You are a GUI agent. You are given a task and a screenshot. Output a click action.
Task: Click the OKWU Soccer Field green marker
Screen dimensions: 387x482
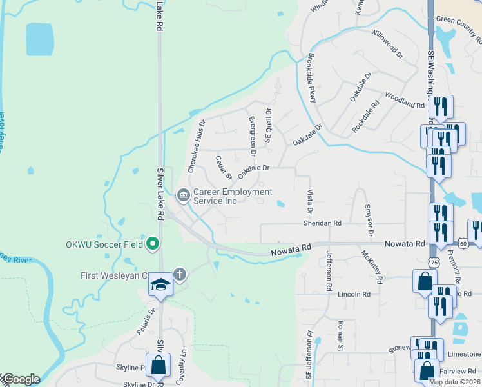pyautogui.click(x=153, y=244)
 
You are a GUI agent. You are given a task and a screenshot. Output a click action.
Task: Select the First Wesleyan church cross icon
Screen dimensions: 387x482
pyautogui.click(x=179, y=275)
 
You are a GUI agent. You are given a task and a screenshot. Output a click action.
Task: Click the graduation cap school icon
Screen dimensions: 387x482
pyautogui.click(x=160, y=284)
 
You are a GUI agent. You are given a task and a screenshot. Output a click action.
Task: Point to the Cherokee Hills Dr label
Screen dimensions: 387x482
pyautogui.click(x=197, y=146)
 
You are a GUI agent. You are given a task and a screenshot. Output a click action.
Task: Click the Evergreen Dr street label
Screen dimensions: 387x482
pyautogui.click(x=252, y=136)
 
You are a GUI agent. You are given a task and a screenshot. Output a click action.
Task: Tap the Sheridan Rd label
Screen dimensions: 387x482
pyautogui.click(x=322, y=223)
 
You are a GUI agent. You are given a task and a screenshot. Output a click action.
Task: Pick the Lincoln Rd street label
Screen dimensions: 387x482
pyautogui.click(x=354, y=294)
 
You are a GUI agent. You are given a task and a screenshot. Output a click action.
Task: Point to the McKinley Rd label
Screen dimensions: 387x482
pyautogui.click(x=372, y=266)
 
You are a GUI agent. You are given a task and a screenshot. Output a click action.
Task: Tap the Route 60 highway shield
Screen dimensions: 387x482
pyautogui.click(x=463, y=243)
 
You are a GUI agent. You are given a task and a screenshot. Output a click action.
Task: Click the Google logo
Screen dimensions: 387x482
pyautogui.click(x=21, y=379)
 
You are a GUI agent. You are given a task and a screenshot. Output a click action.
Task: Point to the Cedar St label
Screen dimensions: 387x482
pyautogui.click(x=224, y=168)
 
